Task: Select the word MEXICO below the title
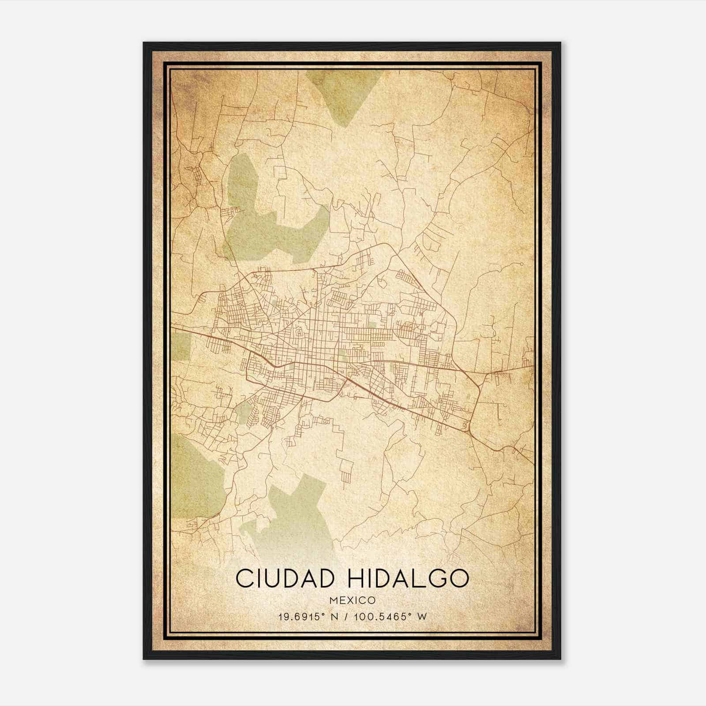click(x=352, y=600)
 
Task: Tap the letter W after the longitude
click(x=423, y=616)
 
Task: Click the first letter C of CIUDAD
click(x=244, y=578)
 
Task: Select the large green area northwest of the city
click(x=269, y=221)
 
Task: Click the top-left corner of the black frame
click(x=144, y=43)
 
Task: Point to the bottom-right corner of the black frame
click(x=560, y=658)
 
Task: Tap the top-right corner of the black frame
click(x=560, y=43)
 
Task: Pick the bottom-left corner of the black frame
click(x=144, y=658)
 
